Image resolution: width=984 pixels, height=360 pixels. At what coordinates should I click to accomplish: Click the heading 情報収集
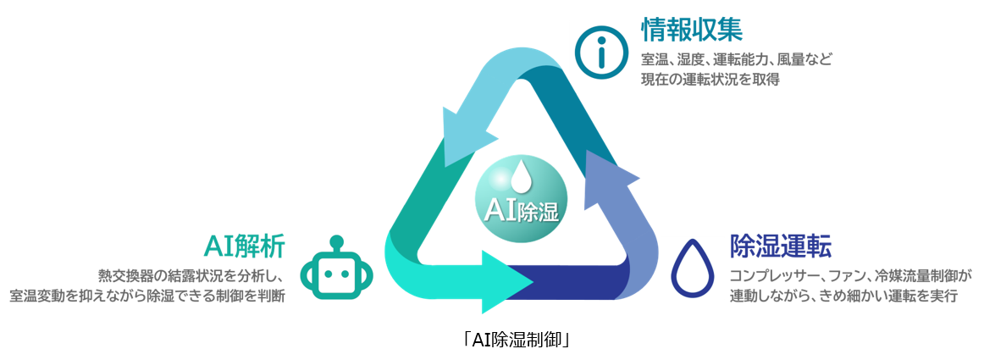pos(693,29)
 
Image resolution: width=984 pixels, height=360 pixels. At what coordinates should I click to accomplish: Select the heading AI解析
pos(245,246)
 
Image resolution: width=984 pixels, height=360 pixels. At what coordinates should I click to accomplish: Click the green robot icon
pos(337,271)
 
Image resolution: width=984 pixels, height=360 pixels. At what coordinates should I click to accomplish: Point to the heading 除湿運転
pos(781,246)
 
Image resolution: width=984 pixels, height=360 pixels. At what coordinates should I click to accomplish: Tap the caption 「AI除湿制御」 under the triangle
pos(514,341)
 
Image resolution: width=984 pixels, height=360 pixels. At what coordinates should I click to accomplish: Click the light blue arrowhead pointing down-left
pos(464,135)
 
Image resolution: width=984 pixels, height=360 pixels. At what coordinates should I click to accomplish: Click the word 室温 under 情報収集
pos(653,61)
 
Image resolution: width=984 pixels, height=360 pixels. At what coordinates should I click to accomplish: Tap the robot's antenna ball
pos(337,241)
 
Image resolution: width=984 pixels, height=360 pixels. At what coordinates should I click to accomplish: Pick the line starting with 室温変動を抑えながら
pos(147,296)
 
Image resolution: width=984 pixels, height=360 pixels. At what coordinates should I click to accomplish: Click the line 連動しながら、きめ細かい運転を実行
pos(843,296)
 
